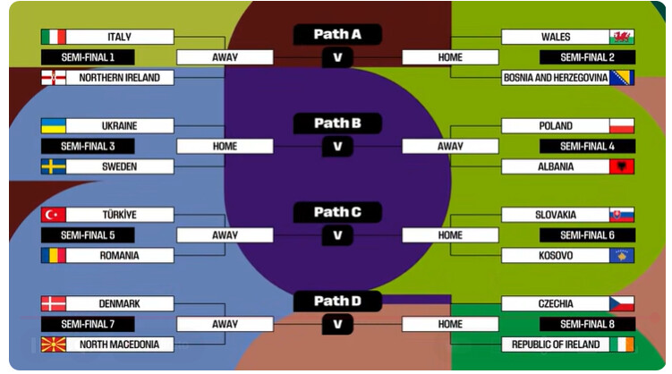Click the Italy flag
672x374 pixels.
click(54, 37)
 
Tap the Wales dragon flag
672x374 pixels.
click(622, 37)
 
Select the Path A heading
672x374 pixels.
click(337, 35)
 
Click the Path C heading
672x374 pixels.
click(337, 212)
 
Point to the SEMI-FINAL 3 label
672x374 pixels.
click(88, 146)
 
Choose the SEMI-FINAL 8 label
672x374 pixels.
click(587, 324)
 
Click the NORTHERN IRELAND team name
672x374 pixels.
click(119, 78)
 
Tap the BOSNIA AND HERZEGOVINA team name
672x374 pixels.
click(555, 78)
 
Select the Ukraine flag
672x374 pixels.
click(54, 126)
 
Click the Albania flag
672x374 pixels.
click(622, 166)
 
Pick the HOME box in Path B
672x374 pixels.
click(225, 146)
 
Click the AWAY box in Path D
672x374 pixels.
click(225, 324)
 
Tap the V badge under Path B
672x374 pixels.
click(337, 146)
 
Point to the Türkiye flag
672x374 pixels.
click(54, 215)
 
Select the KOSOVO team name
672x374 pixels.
click(555, 256)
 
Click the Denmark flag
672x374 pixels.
click(54, 303)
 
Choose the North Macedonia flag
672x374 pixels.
click(54, 344)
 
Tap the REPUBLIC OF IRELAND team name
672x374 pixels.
click(555, 344)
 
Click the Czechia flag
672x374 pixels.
click(622, 303)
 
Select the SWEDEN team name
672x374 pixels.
click(119, 166)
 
